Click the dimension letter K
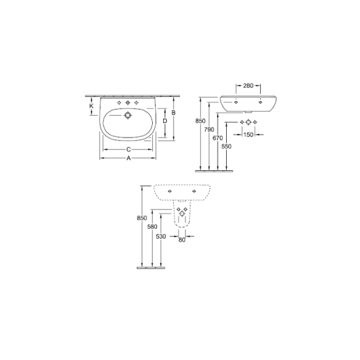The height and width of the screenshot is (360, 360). point(91,106)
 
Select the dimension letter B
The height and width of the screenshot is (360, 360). point(173,113)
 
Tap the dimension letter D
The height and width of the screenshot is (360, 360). point(164,121)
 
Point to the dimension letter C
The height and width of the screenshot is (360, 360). point(128,149)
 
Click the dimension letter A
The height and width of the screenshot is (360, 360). point(128,158)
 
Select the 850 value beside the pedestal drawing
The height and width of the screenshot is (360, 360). point(143,218)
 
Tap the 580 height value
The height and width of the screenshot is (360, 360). point(153,228)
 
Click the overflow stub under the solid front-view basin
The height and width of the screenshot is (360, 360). point(250,112)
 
